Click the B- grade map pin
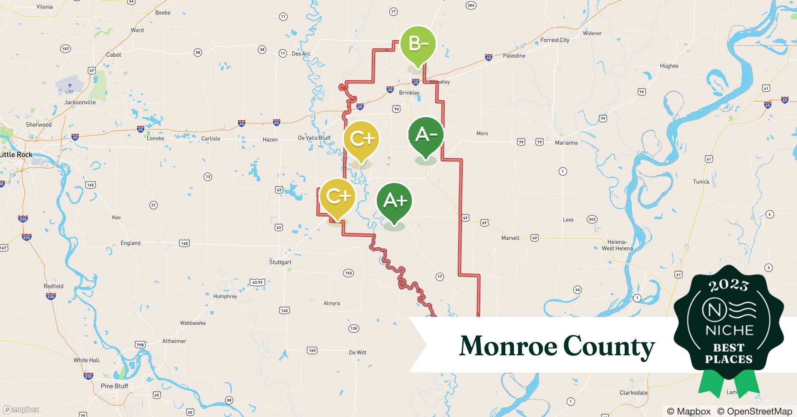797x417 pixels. coord(418,44)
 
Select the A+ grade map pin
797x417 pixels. coord(394,201)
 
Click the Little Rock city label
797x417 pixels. coord(16,155)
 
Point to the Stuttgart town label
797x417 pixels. coord(280,262)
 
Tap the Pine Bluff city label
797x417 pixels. coord(114,386)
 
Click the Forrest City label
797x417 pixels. coord(555,40)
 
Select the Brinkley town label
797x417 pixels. coord(409,93)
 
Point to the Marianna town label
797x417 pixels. coord(566,143)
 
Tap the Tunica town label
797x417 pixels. coord(701,182)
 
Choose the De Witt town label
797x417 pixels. coord(358,353)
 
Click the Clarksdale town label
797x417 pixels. coord(633,393)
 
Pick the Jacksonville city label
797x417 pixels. coord(80,102)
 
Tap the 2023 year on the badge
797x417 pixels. coord(729,285)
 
